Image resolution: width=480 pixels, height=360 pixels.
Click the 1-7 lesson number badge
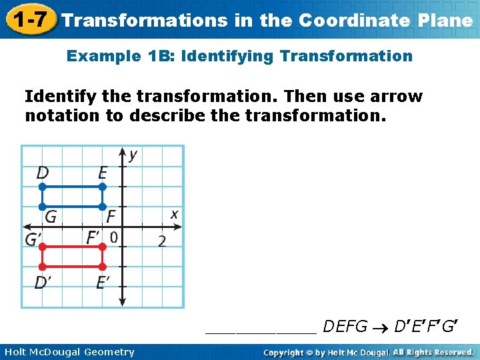click(x=28, y=19)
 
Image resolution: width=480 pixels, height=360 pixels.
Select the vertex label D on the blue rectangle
click(x=43, y=173)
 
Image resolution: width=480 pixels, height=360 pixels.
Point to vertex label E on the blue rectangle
click(x=102, y=173)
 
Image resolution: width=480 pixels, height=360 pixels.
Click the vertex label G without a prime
click(x=51, y=217)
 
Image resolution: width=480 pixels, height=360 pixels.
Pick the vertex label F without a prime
click(x=111, y=217)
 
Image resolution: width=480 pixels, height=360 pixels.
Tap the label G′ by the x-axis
click(x=33, y=239)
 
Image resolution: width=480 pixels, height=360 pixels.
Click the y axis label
click(x=133, y=155)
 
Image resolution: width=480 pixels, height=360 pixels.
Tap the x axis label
click(x=174, y=214)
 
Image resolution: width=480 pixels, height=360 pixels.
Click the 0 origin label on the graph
click(x=114, y=237)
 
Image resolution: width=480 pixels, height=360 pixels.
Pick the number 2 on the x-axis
click(x=162, y=241)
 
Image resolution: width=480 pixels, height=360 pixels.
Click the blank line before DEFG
click(x=261, y=330)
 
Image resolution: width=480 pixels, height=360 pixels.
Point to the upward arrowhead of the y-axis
click(x=122, y=151)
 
